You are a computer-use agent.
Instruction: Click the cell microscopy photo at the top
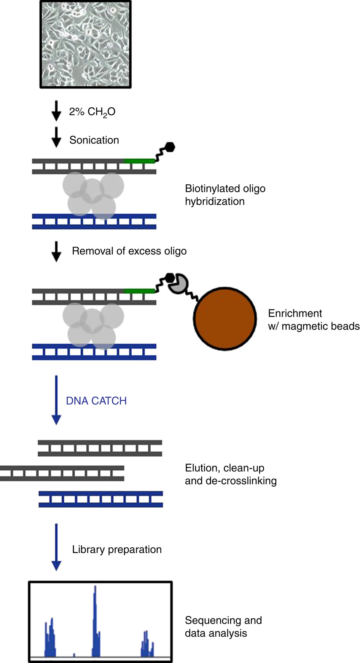pos(86,44)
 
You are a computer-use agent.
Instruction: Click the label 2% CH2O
pos(92,112)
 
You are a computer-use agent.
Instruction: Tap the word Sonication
pos(94,140)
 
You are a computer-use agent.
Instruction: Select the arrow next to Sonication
pos(56,137)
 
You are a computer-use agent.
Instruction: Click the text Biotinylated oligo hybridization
pos(225,195)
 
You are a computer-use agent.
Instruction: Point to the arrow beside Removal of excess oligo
pos(56,251)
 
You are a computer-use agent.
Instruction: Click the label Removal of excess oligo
pos(129,251)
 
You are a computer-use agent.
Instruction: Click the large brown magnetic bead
pos(225,318)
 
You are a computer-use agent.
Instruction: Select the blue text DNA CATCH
pos(96,401)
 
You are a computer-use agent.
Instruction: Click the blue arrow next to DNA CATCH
pos(56,400)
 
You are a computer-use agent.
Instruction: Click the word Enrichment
pos(295,313)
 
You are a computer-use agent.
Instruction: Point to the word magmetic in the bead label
pos(303,326)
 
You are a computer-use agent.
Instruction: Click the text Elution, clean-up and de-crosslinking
pos(230,474)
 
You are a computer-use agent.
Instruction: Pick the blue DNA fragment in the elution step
pos(101,499)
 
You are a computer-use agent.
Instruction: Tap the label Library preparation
pos(117,550)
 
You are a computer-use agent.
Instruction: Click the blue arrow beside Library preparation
pos(56,547)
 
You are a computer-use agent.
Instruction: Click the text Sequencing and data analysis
pos(223,627)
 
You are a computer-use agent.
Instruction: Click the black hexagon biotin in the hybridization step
pos(170,147)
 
